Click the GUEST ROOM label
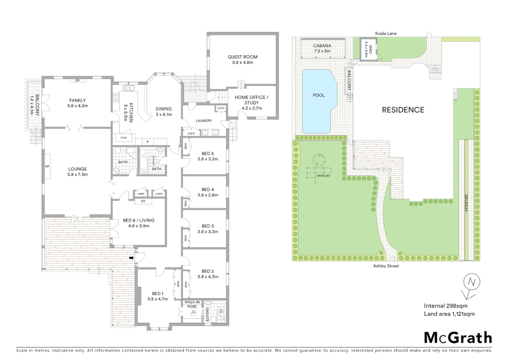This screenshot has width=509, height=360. [x=243, y=57]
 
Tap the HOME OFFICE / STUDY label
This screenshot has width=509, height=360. [x=252, y=100]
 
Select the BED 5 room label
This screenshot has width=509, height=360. [x=208, y=154]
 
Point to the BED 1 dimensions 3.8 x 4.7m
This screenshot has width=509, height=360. [x=158, y=299]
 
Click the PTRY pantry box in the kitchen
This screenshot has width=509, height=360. [x=124, y=138]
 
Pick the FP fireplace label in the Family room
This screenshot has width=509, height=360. [x=77, y=81]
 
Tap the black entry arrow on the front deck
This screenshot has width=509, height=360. [x=131, y=258]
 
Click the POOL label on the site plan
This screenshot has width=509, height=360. [x=318, y=95]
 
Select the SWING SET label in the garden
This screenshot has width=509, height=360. [x=323, y=176]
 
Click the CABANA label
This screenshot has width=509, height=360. [x=322, y=46]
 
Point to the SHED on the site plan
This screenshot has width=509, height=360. [x=368, y=49]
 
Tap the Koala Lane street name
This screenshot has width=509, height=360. [x=385, y=33]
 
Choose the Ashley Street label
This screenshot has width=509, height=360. [x=385, y=266]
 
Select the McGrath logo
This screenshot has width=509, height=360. [x=458, y=338]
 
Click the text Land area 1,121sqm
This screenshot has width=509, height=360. [x=449, y=314]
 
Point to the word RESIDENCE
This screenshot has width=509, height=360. [x=403, y=110]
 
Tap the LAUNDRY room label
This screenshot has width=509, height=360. [x=204, y=121]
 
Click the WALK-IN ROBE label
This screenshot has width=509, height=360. [x=192, y=304]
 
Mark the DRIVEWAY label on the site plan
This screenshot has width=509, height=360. [x=466, y=203]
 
